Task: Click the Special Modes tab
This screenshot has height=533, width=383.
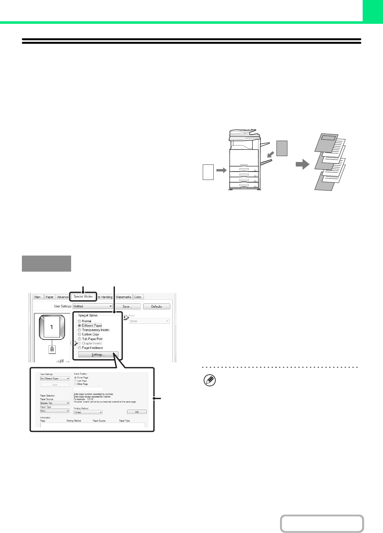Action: pos(83,296)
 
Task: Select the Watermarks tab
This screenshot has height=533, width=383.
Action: pos(124,297)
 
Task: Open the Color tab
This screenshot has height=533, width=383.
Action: pos(138,297)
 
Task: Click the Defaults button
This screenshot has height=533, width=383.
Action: pos(156,306)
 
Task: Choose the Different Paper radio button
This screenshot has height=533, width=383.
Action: pos(79,326)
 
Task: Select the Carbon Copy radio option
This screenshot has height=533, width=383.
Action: pos(79,334)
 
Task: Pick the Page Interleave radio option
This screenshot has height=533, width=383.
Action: pos(79,348)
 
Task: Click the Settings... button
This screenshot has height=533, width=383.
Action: pos(98,355)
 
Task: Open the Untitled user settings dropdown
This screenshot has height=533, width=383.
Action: pos(93,306)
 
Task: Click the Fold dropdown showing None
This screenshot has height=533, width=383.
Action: pos(149,321)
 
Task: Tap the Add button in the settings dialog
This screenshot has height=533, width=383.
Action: pos(137,412)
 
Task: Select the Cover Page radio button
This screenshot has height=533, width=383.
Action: pos(76,378)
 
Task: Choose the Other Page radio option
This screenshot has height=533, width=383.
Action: pos(76,384)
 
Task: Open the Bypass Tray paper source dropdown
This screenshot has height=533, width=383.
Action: pos(55,403)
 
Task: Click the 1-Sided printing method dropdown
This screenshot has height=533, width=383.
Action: pos(88,412)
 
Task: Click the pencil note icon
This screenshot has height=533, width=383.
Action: pos(210,381)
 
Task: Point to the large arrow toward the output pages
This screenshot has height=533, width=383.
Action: pos(302,165)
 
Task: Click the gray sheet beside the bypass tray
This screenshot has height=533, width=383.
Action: pos(282,148)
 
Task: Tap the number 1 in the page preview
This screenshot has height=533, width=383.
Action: pos(51,327)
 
